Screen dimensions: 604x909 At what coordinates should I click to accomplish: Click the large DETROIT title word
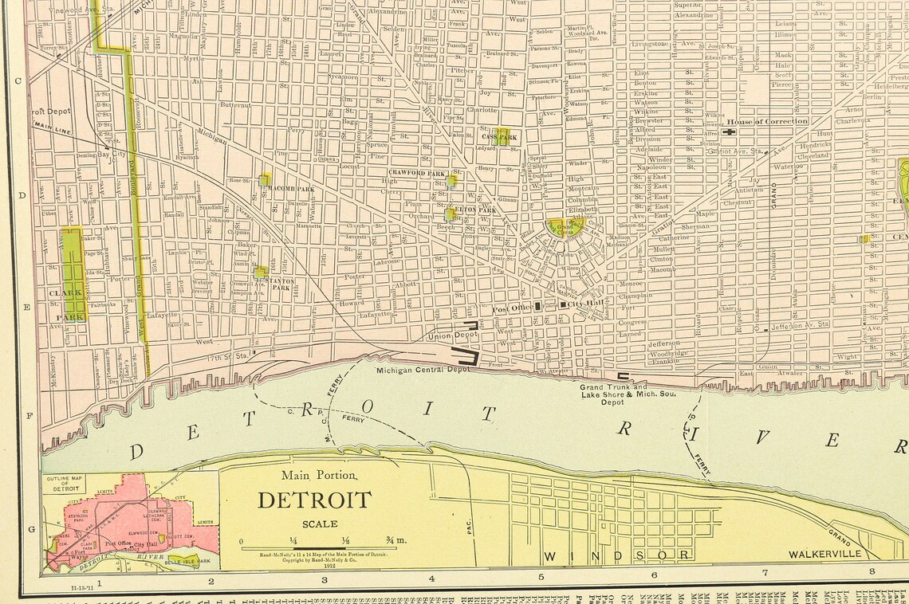click(x=313, y=500)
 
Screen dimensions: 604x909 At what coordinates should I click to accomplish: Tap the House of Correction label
click(x=765, y=122)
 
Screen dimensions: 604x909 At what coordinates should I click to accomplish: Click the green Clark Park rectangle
click(x=73, y=263)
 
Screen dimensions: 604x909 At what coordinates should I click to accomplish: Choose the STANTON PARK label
click(x=282, y=283)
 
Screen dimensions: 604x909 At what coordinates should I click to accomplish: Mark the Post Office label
click(x=511, y=308)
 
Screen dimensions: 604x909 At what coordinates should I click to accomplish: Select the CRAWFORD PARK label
click(x=417, y=173)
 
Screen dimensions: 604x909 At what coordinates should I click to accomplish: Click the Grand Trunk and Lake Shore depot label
click(x=614, y=394)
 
